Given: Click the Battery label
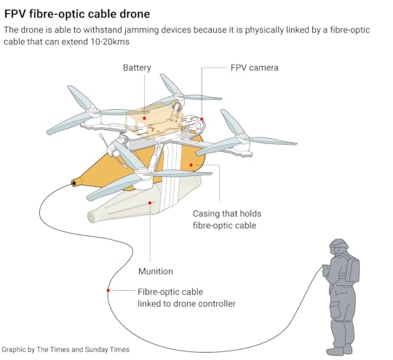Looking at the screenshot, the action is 137,68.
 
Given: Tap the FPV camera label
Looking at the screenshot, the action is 255,68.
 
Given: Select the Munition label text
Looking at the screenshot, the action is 156,271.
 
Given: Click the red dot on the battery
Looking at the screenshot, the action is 144,118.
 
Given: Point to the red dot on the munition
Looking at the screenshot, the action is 150,203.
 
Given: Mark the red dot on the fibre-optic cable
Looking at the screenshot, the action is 108,290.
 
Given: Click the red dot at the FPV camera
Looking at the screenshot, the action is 202,119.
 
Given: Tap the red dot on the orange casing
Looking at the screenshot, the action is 191,165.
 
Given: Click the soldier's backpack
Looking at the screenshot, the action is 352,268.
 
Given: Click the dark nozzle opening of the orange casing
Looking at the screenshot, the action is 74,183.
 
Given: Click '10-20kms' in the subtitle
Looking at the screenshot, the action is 110,41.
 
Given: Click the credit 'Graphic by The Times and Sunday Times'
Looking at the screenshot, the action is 65,350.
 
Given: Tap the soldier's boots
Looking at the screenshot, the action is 340,350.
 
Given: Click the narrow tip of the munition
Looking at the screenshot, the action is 91,217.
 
